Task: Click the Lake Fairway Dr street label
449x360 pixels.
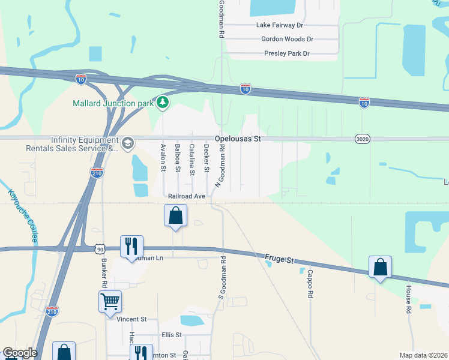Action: tap(280, 25)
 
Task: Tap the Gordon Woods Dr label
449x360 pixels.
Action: tap(288, 39)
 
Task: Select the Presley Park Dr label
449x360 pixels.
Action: tap(286, 53)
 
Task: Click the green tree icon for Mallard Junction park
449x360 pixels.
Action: tap(162, 103)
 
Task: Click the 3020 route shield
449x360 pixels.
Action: tap(362, 139)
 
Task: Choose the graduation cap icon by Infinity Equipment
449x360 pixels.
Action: tap(127, 143)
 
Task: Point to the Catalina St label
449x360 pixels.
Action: tap(192, 160)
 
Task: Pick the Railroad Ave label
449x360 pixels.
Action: tap(187, 196)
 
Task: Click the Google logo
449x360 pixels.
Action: tap(20, 353)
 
